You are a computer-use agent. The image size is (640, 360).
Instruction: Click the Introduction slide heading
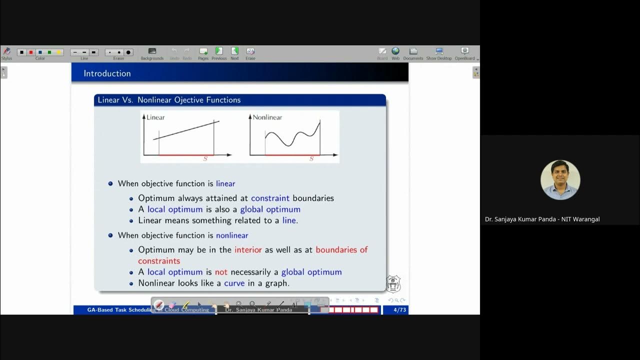point(107,73)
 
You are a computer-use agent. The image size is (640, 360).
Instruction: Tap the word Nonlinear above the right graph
point(267,117)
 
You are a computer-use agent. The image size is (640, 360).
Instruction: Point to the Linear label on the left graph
point(155,117)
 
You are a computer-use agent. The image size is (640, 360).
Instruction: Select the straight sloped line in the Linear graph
point(185,130)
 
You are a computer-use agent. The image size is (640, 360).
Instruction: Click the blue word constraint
point(270,198)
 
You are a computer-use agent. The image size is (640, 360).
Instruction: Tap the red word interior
point(248,249)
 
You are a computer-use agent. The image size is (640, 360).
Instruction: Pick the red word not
point(221,272)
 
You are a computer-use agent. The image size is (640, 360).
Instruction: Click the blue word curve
point(234,283)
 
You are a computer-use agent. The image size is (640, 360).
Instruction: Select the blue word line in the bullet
point(289,220)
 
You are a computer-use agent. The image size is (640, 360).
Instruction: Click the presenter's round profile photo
point(560,180)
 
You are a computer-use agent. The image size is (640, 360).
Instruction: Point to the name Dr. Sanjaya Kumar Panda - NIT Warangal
point(542,219)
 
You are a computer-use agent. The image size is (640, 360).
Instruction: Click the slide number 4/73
point(399,310)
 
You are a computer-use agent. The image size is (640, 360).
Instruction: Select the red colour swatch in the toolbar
point(31,52)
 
